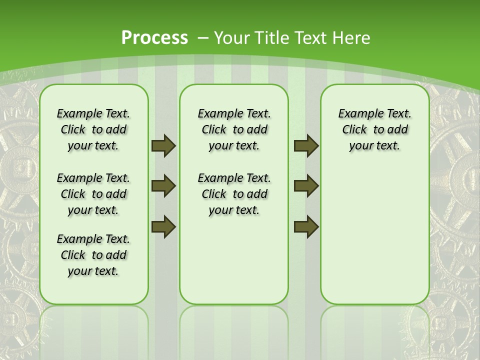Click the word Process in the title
(x=154, y=38)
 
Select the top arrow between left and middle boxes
(x=163, y=145)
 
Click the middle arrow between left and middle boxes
(x=163, y=186)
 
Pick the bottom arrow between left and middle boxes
(x=163, y=226)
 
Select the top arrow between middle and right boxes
(x=306, y=145)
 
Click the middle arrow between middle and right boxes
(x=306, y=186)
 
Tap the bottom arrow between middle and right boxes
(x=306, y=226)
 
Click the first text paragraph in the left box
(x=93, y=129)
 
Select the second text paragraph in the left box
(x=93, y=194)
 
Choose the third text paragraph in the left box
(x=93, y=255)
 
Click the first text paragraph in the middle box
(x=234, y=129)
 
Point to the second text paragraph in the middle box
(x=234, y=194)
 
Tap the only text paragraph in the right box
(x=374, y=129)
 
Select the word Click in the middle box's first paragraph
(x=214, y=130)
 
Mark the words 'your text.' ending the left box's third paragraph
(x=93, y=271)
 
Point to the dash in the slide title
(x=203, y=38)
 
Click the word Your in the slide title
(x=233, y=38)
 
